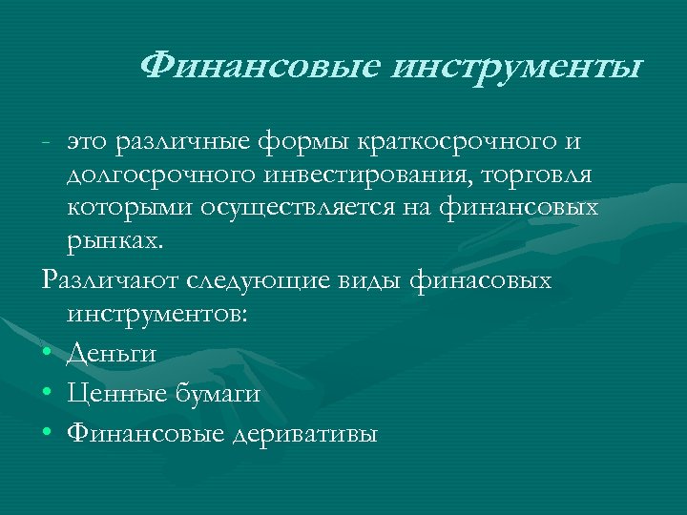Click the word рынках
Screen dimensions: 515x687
(x=115, y=241)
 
